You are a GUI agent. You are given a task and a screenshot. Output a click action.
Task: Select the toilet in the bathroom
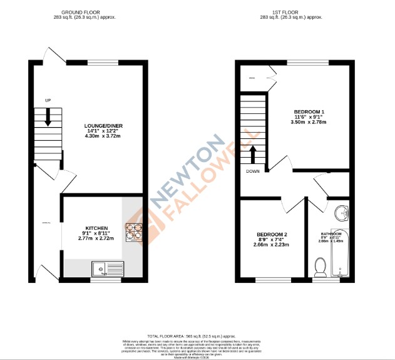point(320,269)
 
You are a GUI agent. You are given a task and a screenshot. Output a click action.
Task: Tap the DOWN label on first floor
point(253,171)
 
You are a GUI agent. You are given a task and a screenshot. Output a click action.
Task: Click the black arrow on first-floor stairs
point(253,154)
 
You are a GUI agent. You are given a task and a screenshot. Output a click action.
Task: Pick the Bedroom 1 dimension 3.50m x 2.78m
point(309,123)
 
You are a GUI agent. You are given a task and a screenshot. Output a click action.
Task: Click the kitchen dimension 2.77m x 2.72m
point(97,239)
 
